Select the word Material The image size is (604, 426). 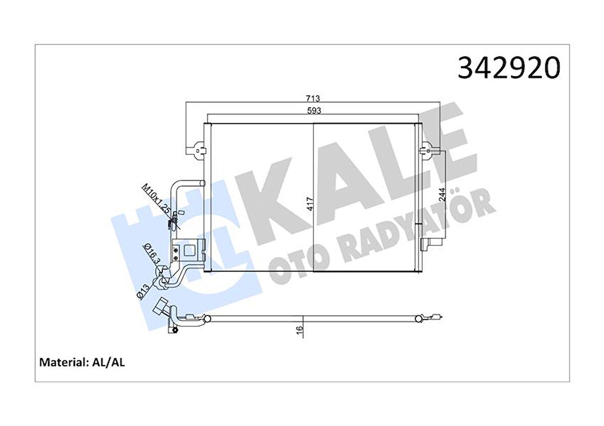coord(61,363)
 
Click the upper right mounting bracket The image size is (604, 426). coord(424,150)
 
